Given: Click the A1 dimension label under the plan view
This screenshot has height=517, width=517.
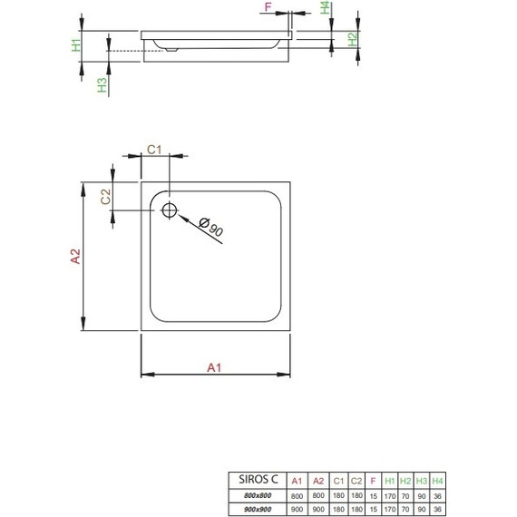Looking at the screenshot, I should (x=214, y=367).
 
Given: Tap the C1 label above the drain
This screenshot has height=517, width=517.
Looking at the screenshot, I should (x=154, y=150).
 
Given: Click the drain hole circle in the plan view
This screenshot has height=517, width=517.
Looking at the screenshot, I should (x=170, y=210).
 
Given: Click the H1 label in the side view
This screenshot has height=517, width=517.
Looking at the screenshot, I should (x=77, y=43).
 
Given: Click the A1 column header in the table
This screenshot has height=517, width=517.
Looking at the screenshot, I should (x=297, y=481).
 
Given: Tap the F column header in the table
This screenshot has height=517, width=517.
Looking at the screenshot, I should (x=374, y=481).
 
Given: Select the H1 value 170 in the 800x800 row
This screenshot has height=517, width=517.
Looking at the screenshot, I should (x=389, y=494).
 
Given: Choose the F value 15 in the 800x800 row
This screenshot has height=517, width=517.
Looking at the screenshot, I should (x=374, y=494).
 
